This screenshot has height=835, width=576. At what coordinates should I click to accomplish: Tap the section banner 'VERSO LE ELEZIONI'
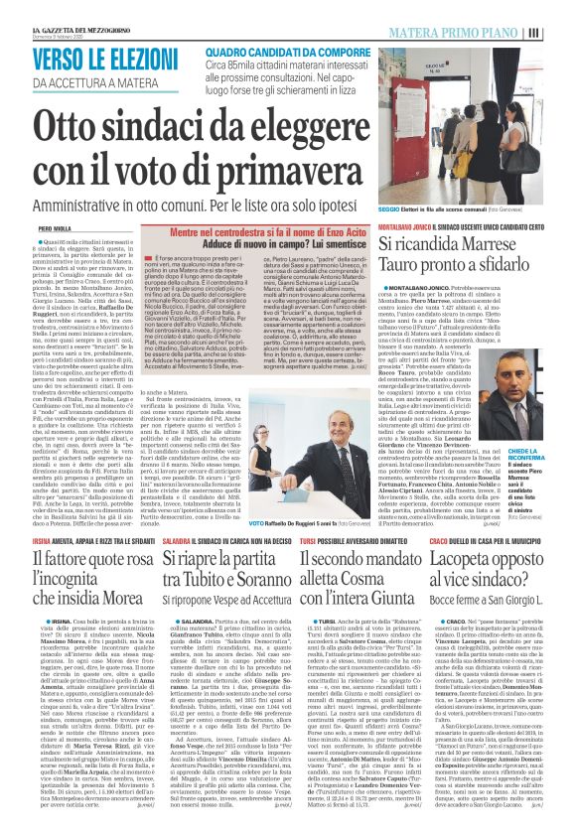[90, 59]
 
